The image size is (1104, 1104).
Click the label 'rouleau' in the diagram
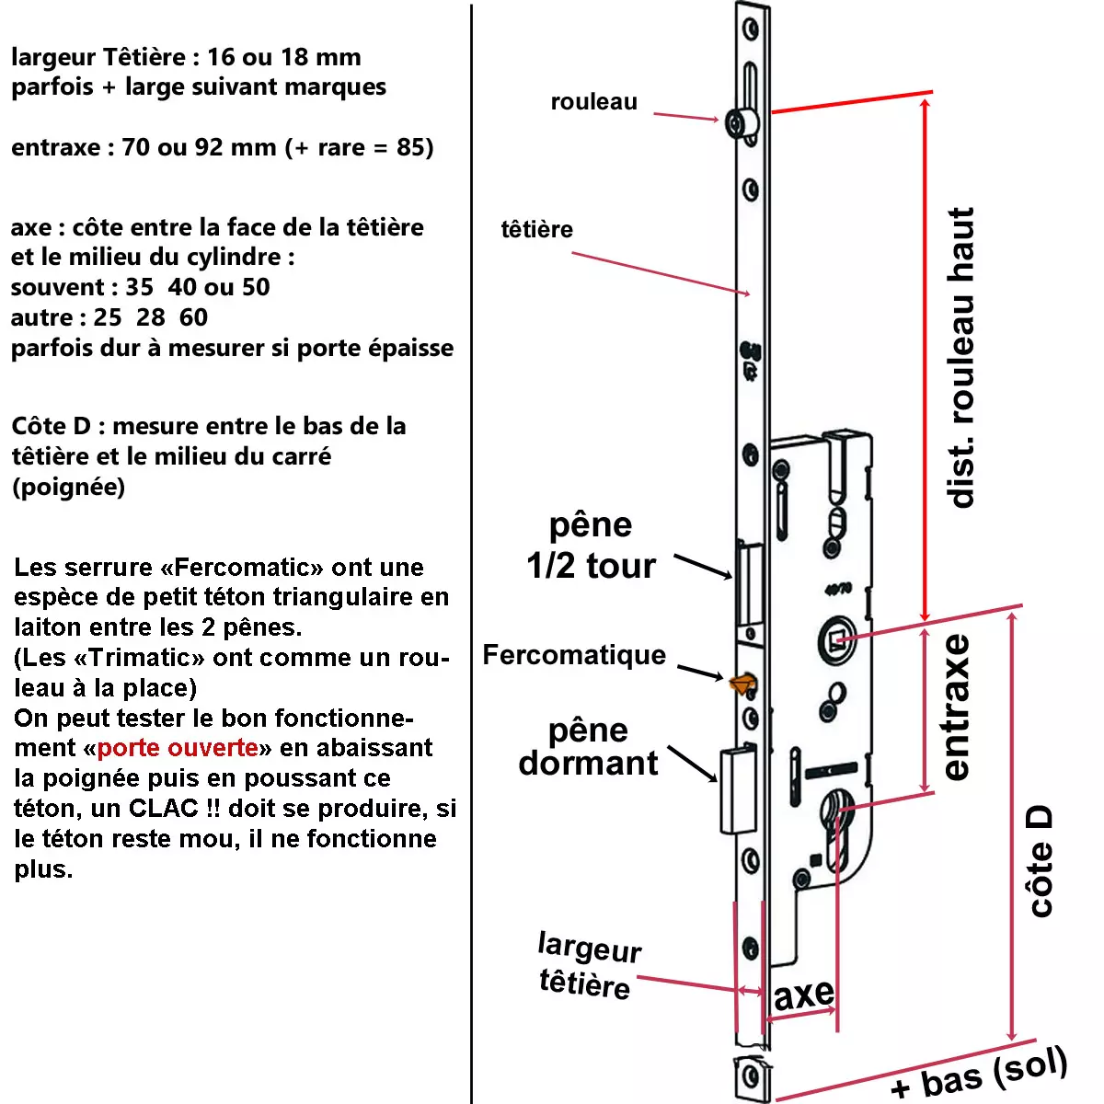pyautogui.click(x=593, y=102)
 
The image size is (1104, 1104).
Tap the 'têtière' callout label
pyautogui.click(x=536, y=229)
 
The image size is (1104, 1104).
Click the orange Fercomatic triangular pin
pyautogui.click(x=742, y=682)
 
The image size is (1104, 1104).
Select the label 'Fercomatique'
pyautogui.click(x=574, y=655)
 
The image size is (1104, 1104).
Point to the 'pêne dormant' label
pyautogui.click(x=588, y=747)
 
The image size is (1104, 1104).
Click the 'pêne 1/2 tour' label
pyautogui.click(x=591, y=546)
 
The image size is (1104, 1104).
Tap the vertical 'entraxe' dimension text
pyautogui.click(x=956, y=707)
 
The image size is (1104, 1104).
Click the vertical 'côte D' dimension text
pyautogui.click(x=1040, y=862)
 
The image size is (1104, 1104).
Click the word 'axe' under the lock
pyautogui.click(x=804, y=995)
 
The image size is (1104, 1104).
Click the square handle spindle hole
pyautogui.click(x=838, y=638)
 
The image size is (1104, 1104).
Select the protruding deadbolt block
pyautogui.click(x=736, y=789)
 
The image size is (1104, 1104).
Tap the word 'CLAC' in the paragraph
pyautogui.click(x=163, y=808)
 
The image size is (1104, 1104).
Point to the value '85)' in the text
pyautogui.click(x=415, y=147)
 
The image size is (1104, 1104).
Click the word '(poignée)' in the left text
pyautogui.click(x=68, y=487)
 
